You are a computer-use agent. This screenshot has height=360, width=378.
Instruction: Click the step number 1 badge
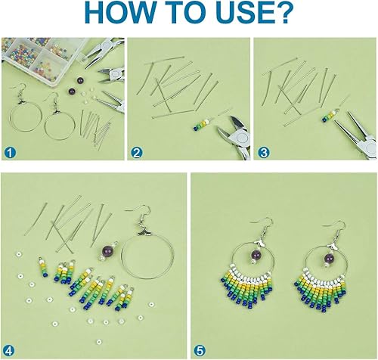(10, 153)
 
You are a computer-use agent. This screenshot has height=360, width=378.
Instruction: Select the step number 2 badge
(136, 153)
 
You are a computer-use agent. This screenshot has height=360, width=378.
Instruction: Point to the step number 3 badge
(263, 153)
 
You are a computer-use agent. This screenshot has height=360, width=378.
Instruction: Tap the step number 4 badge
(9, 351)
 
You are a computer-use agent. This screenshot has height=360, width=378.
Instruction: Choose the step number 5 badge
(200, 351)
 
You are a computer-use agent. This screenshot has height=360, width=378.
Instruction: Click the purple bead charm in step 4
(110, 252)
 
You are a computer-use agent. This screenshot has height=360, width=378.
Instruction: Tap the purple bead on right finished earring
(328, 257)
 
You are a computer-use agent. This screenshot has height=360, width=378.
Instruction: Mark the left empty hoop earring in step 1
(26, 116)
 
